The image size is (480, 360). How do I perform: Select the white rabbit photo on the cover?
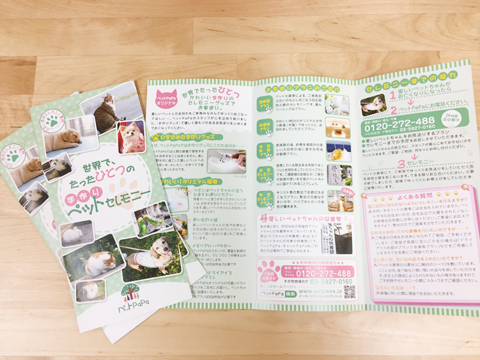pyautogui.click(x=75, y=233)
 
